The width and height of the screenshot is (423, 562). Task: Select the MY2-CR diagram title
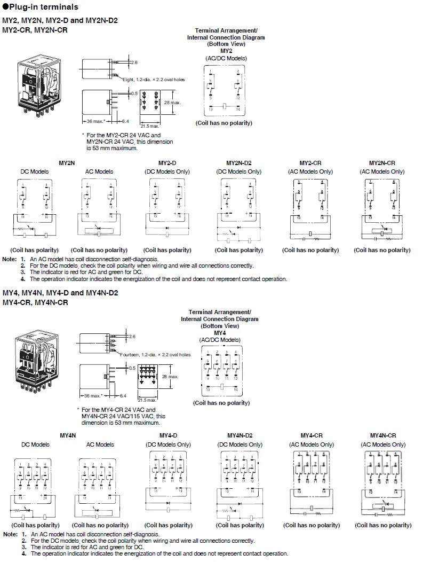(x=310, y=163)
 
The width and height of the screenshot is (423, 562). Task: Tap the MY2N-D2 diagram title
(x=238, y=163)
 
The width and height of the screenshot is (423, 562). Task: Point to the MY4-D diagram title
(x=167, y=435)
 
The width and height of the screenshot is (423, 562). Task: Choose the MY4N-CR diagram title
(x=383, y=435)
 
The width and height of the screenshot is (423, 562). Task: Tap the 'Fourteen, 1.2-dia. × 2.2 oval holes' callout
(x=155, y=354)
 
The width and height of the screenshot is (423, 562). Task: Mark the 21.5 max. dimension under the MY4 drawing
(x=147, y=400)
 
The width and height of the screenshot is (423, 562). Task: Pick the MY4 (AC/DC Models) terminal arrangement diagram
(x=221, y=369)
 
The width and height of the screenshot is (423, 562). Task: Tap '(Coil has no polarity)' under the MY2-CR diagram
(x=310, y=250)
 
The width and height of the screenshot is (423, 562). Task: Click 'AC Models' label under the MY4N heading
(x=100, y=444)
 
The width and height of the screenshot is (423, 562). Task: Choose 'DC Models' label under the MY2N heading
(x=35, y=171)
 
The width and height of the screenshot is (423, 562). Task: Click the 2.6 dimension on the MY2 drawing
(x=134, y=63)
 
